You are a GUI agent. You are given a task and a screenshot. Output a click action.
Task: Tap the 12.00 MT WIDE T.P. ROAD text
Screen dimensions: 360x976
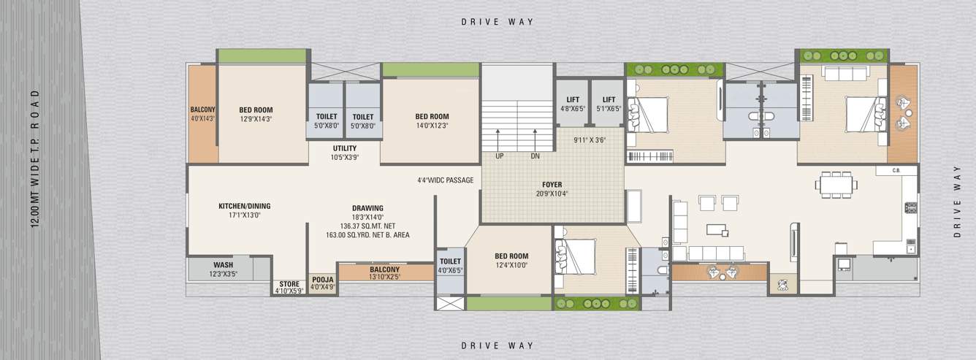tap(34, 159)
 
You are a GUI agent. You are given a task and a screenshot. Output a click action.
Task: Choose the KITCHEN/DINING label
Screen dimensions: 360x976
tap(244, 206)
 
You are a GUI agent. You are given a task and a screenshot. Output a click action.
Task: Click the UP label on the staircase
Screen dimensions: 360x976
tap(500, 156)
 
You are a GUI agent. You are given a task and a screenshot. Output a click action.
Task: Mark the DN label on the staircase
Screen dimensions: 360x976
tap(535, 156)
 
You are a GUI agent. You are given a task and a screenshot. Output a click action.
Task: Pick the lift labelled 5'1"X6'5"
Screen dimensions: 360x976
tap(608, 103)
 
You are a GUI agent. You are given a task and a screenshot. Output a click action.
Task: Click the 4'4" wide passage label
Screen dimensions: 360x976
tap(446, 180)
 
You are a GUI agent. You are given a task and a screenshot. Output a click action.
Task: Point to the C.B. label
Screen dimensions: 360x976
tap(896, 170)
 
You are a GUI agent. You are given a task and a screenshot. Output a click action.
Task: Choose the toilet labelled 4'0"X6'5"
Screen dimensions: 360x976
tap(450, 266)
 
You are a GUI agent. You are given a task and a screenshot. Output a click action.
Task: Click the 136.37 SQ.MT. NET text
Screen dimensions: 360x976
tap(367, 226)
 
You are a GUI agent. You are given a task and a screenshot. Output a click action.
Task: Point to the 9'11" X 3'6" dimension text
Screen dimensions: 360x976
tap(590, 139)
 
